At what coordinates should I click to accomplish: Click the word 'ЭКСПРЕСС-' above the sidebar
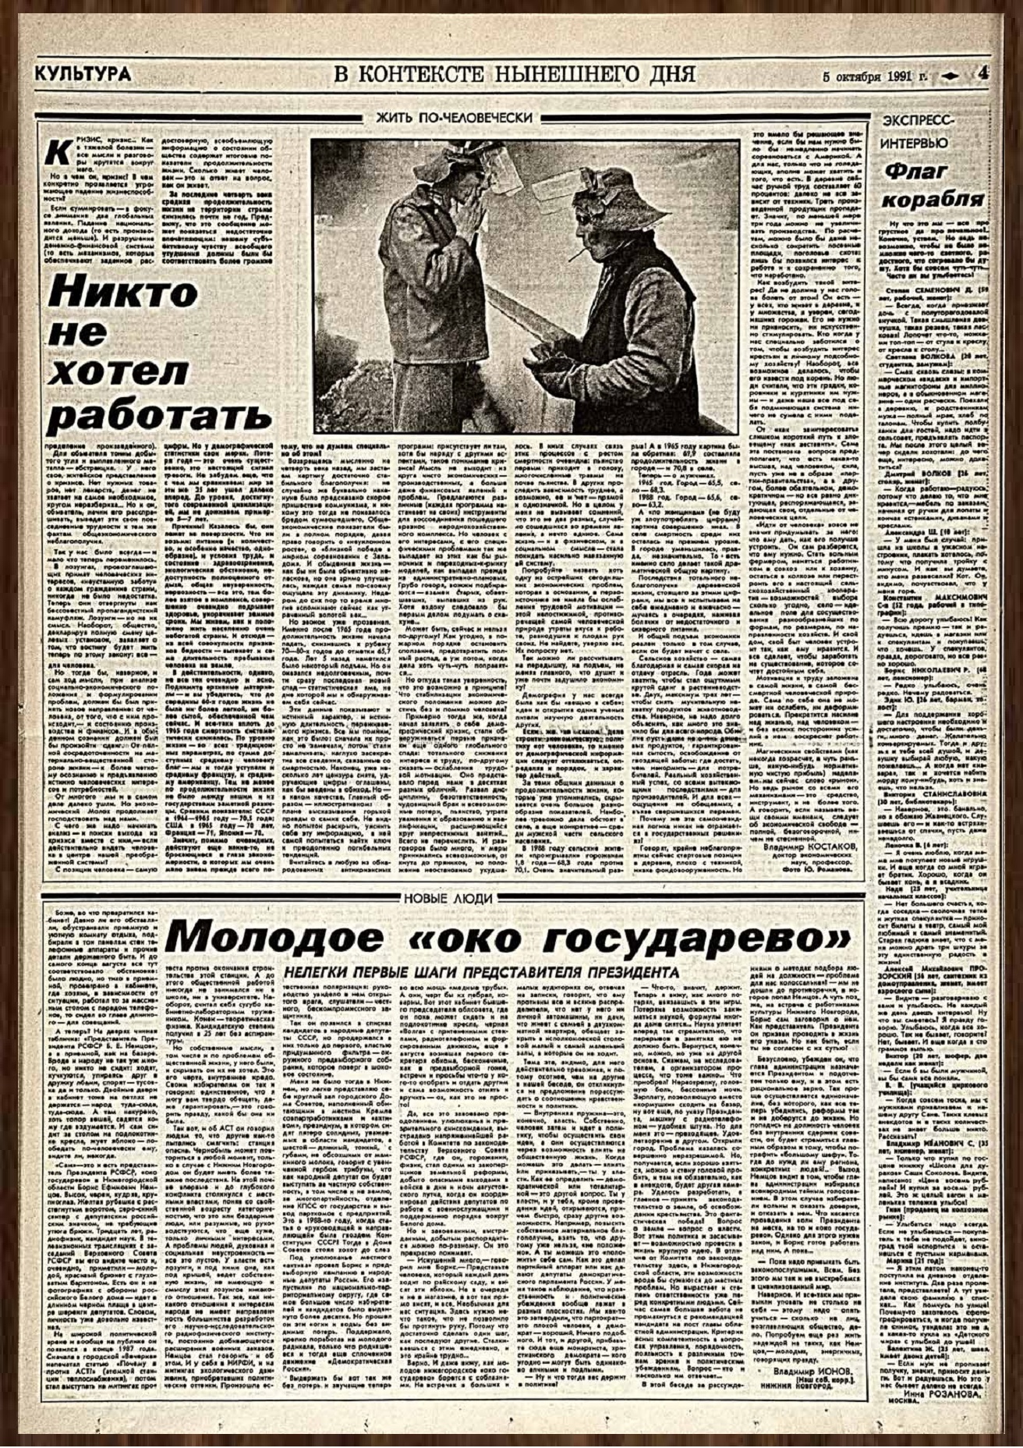[916, 120]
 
